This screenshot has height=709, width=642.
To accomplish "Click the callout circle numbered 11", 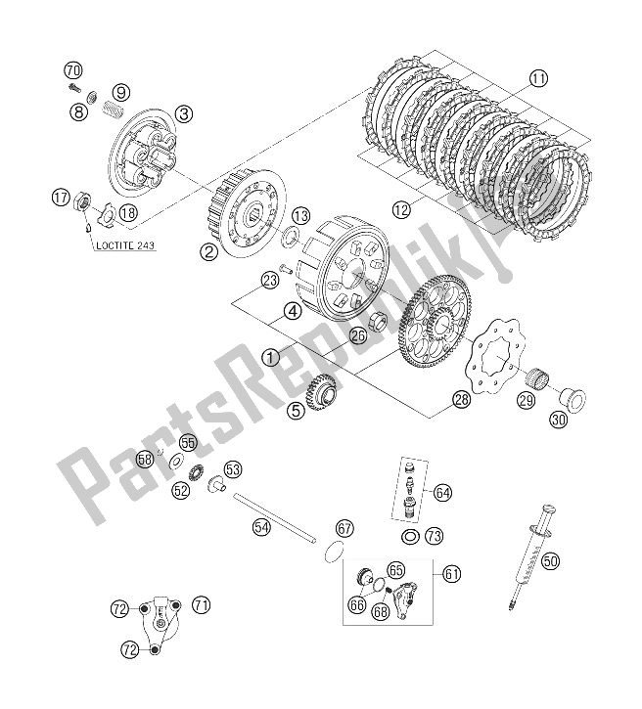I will [x=538, y=78].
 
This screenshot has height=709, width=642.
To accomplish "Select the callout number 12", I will [x=400, y=208].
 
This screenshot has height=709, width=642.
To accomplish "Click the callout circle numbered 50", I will [x=551, y=560].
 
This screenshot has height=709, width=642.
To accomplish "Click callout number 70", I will [x=73, y=69].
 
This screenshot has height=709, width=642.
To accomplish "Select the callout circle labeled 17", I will [x=62, y=199].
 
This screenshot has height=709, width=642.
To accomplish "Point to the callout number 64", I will [x=443, y=493].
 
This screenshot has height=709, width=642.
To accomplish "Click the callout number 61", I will [x=451, y=574].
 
